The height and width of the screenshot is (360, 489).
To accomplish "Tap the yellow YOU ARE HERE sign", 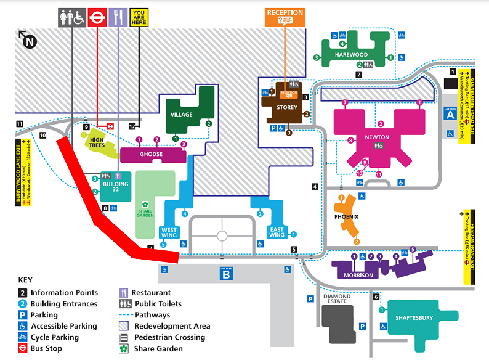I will [139, 17].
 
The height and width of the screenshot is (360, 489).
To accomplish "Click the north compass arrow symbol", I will [28, 41].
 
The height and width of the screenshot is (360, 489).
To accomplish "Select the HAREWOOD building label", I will [352, 54].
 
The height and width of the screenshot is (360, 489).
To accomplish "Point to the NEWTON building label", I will [377, 137].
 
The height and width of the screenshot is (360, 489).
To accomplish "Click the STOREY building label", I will [287, 107].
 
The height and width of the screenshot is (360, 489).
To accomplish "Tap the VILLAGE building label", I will [182, 115].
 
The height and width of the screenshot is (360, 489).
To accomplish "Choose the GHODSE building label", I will [151, 154].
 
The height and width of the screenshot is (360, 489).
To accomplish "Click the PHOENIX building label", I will [346, 217].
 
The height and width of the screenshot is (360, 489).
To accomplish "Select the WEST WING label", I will [169, 232].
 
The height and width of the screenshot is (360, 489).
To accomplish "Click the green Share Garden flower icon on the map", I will [145, 205].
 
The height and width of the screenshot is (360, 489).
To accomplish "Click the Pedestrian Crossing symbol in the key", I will [124, 337].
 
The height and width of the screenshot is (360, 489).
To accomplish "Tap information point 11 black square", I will [20, 124].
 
